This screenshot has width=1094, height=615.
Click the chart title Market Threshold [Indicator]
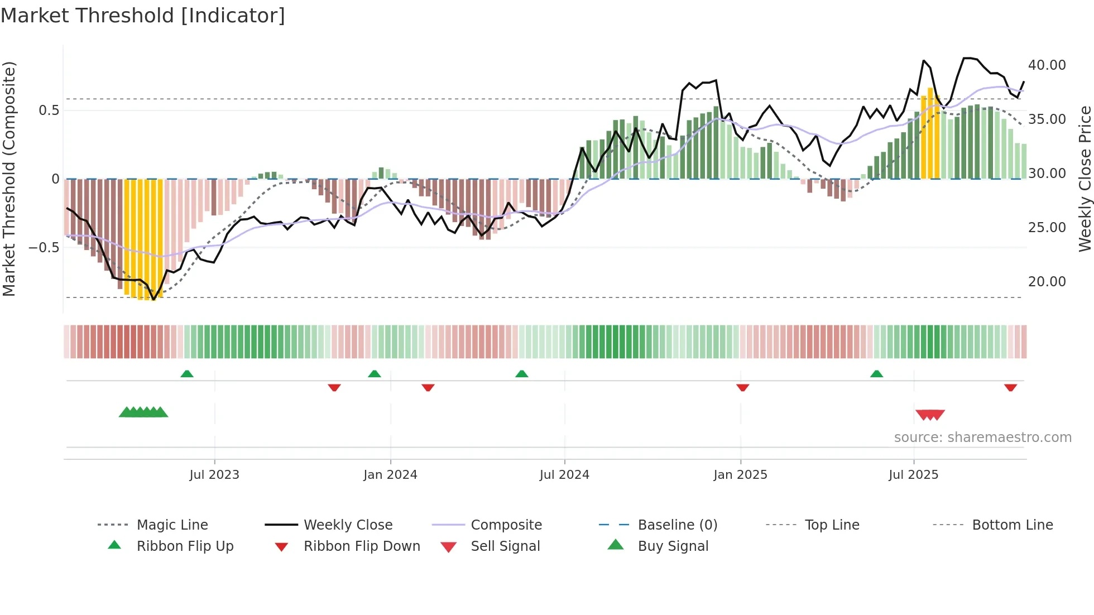coord(143,16)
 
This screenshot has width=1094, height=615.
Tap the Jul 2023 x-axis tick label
coord(214,474)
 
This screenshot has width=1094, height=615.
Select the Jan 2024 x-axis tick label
coord(390,474)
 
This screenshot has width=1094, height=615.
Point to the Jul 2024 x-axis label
coord(564,474)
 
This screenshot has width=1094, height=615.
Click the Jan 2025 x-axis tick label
coord(740,474)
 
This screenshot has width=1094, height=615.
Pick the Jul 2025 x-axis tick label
coord(913,474)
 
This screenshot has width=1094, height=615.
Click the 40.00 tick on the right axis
coord(1047,65)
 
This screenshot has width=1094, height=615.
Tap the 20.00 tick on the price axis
coord(1047,282)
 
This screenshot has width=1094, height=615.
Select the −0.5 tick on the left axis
coord(44,247)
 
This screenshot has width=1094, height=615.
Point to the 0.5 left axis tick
coord(49,110)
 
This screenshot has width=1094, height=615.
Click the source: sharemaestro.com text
coord(982,437)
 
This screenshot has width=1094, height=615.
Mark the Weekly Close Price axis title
coord(1084,179)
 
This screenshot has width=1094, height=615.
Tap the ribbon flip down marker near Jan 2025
coord(742,387)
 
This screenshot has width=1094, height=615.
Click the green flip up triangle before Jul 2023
coord(187,374)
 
